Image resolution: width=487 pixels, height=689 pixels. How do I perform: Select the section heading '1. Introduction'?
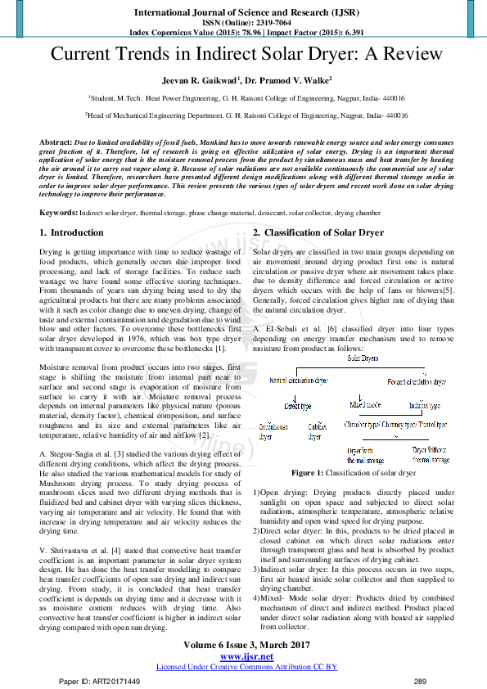[x=72, y=232]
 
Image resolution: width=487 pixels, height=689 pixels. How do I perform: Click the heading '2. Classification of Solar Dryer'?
[x=318, y=232]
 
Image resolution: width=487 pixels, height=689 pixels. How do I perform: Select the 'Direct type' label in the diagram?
[x=297, y=405]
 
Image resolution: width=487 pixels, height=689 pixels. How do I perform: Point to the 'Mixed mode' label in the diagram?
[x=364, y=404]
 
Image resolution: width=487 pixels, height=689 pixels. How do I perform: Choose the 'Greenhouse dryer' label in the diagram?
[x=273, y=431]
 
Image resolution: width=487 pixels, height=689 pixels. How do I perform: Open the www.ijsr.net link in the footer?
[x=243, y=656]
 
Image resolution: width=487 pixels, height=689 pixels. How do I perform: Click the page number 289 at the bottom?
[x=421, y=681]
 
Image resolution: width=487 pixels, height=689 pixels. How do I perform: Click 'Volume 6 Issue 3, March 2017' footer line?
[x=243, y=646]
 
